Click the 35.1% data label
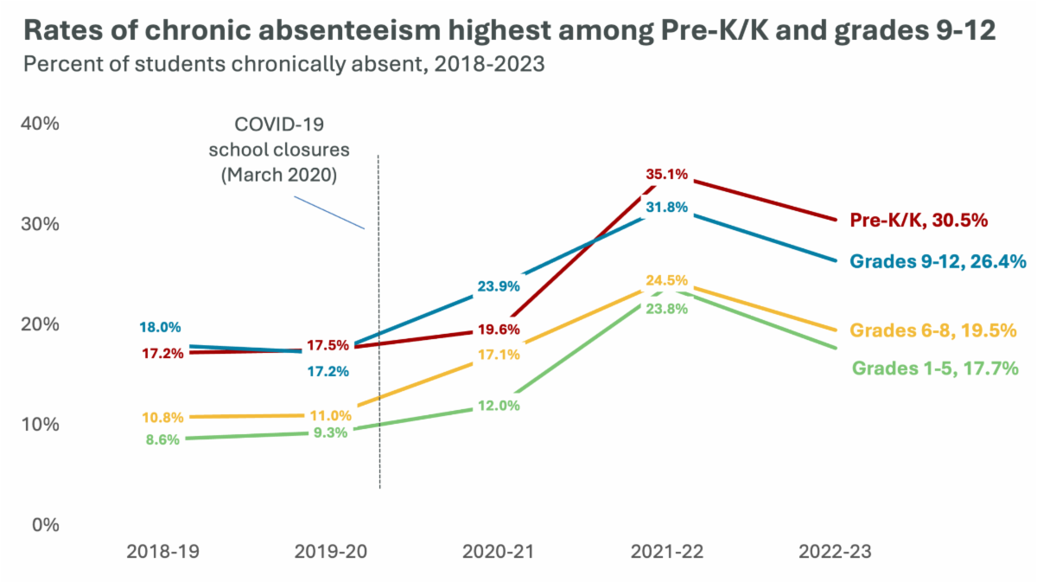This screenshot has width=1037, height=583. (667, 174)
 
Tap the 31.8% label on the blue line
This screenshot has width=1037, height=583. (667, 207)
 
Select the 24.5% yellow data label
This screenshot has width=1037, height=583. (667, 280)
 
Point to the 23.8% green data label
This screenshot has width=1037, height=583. (667, 308)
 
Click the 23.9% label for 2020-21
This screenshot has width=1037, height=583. (499, 287)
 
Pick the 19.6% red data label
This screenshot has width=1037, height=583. (499, 329)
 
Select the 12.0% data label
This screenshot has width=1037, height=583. (499, 405)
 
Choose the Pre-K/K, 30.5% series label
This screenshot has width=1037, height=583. (919, 220)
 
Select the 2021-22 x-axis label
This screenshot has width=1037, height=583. (666, 551)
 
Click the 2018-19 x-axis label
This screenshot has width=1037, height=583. (160, 551)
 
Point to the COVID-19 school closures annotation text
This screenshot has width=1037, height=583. (278, 149)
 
